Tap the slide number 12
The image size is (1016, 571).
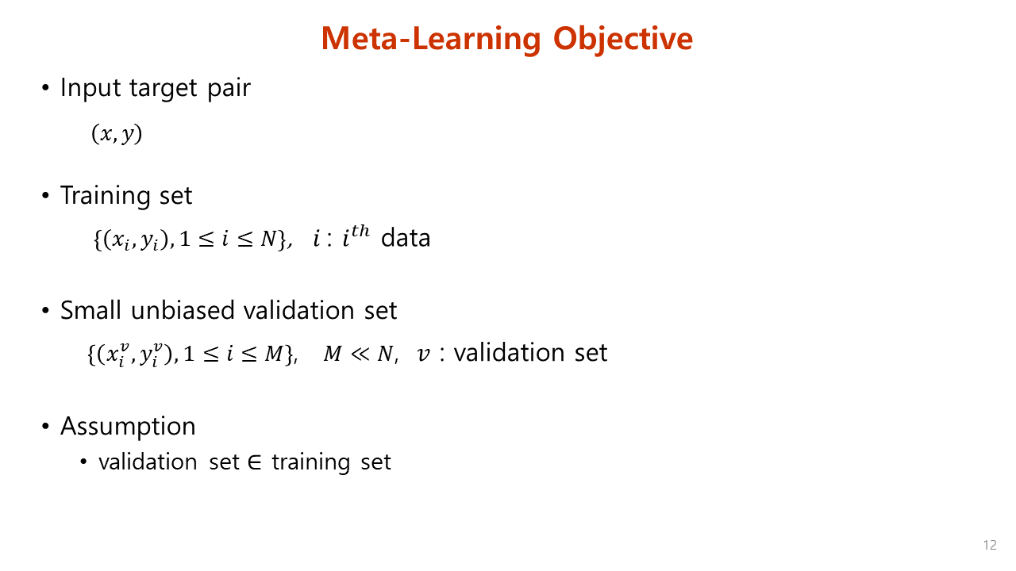click(x=989, y=545)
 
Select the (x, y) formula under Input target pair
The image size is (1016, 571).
click(x=117, y=134)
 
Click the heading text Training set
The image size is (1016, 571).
click(x=126, y=195)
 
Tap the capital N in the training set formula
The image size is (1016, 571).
click(x=268, y=240)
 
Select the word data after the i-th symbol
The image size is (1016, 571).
click(x=406, y=238)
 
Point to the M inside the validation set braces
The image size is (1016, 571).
click(x=273, y=354)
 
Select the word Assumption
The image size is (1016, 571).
click(x=128, y=426)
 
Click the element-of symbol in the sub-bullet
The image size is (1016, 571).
click(x=255, y=462)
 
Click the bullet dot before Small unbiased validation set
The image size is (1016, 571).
click(x=45, y=310)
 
